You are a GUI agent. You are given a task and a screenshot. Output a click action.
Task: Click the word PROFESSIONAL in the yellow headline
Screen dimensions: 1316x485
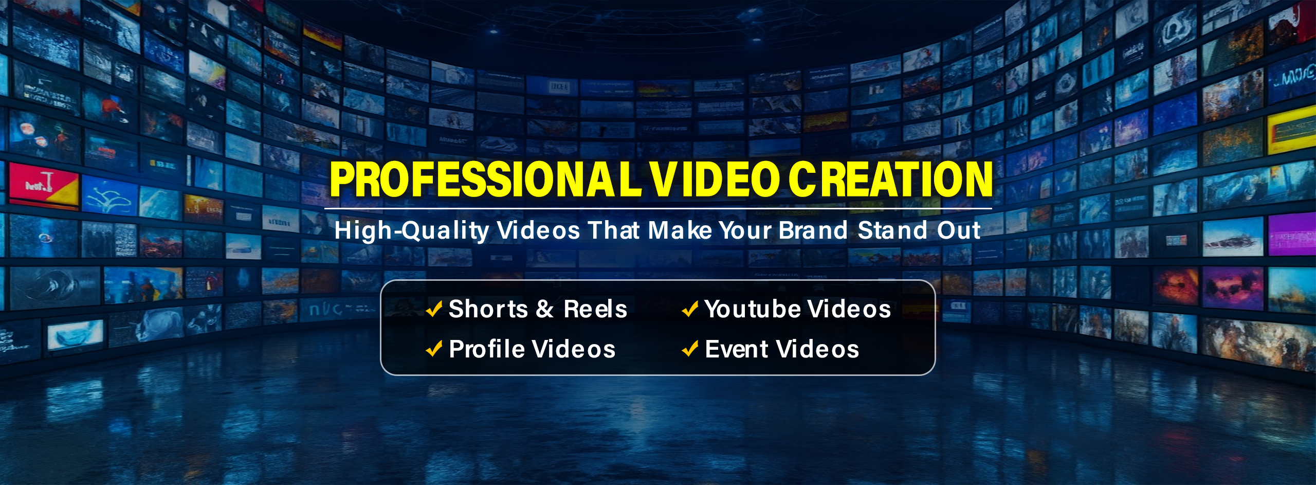tap(486, 179)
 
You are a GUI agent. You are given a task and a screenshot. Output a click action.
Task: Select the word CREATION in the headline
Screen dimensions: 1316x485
tap(890, 179)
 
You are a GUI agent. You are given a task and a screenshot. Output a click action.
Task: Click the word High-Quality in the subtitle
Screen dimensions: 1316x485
tap(412, 231)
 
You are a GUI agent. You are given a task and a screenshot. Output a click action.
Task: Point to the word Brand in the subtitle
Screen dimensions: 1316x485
tap(813, 230)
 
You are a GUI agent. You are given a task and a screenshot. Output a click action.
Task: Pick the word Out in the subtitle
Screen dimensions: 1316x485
tap(959, 230)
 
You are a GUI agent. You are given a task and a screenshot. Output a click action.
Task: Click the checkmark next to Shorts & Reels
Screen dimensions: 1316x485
tap(434, 309)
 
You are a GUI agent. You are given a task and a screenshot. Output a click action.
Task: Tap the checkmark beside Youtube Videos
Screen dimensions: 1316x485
tap(690, 309)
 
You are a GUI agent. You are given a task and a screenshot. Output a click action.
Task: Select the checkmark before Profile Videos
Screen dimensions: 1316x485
tap(434, 349)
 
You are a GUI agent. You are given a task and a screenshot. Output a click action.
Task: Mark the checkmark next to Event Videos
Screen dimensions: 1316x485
tap(690, 349)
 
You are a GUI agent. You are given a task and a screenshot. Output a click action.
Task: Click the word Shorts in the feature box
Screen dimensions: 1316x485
tap(488, 309)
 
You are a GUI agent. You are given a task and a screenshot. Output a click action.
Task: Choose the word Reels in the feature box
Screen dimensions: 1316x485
tap(595, 309)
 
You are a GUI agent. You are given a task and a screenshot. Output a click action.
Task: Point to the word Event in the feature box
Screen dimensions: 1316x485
tap(737, 349)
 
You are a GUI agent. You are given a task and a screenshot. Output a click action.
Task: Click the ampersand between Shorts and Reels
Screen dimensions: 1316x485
tap(545, 309)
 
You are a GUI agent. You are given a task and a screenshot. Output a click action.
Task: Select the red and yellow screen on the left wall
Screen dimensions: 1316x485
tap(44, 185)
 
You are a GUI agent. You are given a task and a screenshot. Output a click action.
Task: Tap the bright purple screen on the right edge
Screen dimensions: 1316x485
tap(1292, 234)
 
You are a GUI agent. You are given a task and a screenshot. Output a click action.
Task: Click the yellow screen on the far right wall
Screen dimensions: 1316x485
tap(1292, 130)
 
